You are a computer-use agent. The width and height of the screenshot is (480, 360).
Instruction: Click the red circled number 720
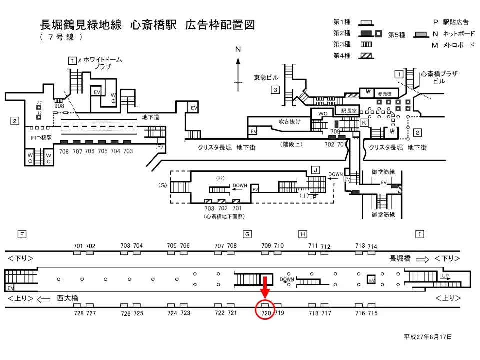pyautogui.click(x=265, y=313)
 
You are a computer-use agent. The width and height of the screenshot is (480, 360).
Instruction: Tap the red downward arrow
pyautogui.click(x=265, y=287)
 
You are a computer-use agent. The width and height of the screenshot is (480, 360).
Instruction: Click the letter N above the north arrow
pyautogui.click(x=238, y=49)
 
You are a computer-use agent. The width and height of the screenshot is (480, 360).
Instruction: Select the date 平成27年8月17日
pyautogui.click(x=428, y=337)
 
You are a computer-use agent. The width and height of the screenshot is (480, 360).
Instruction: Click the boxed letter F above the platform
pyautogui.click(x=21, y=234)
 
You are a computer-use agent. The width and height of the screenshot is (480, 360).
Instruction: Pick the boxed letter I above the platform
pyautogui.click(x=420, y=234)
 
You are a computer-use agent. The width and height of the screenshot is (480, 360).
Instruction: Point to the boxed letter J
pyautogui.click(x=315, y=170)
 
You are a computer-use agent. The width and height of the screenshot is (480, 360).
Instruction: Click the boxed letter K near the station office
pyautogui.click(x=364, y=122)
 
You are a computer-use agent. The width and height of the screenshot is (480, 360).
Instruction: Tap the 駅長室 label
pyautogui.click(x=350, y=111)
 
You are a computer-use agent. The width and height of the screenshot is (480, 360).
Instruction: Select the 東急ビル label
pyautogui.click(x=266, y=77)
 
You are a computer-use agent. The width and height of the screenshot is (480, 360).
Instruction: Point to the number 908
pyautogui.click(x=59, y=106)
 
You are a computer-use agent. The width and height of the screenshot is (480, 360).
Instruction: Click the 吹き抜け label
pyautogui.click(x=290, y=121)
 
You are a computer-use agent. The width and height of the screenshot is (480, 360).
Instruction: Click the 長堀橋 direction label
pyautogui.click(x=400, y=258)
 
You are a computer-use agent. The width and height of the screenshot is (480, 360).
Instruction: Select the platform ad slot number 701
pyautogui.click(x=78, y=246)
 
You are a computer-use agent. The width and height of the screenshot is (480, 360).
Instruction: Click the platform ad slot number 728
pyautogui.click(x=78, y=313)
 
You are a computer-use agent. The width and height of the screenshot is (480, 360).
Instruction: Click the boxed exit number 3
pyautogui.click(x=275, y=90)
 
